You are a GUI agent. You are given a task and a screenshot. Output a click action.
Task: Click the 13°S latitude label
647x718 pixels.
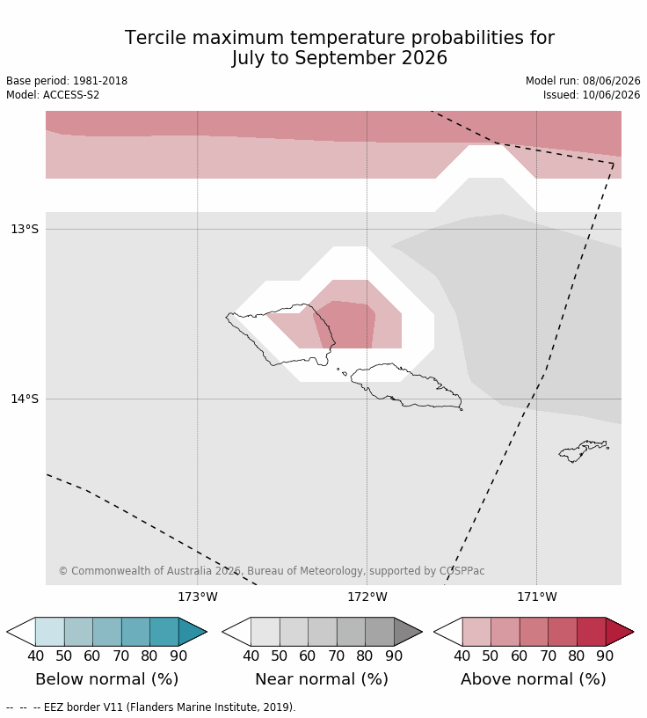point(25,229)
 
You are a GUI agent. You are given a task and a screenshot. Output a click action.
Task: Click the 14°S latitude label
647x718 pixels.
point(25,399)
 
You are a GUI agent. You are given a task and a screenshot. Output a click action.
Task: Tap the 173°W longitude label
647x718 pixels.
point(198,597)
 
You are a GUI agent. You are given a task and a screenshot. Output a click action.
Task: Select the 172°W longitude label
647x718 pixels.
point(367,597)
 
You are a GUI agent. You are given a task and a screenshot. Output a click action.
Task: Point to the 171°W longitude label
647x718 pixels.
point(537,597)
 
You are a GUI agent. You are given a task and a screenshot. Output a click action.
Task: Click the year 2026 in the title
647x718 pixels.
point(425,58)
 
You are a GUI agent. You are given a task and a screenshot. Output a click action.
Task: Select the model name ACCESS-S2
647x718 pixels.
point(71,95)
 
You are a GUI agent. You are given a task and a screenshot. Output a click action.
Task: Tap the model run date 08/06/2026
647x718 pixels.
point(611,81)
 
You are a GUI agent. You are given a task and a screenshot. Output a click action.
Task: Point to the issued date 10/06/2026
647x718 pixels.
point(611,95)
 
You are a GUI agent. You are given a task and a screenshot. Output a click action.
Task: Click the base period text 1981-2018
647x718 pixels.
point(100,81)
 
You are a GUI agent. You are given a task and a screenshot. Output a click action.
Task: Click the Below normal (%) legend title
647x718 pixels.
point(106,679)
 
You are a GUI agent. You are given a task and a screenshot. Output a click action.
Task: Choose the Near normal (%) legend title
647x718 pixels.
point(322,679)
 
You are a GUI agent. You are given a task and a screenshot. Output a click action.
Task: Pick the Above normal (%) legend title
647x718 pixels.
point(533,679)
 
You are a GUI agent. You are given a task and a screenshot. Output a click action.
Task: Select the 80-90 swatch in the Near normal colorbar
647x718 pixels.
point(380,632)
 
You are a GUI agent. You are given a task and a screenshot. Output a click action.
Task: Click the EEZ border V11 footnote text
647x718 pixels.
point(170,707)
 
